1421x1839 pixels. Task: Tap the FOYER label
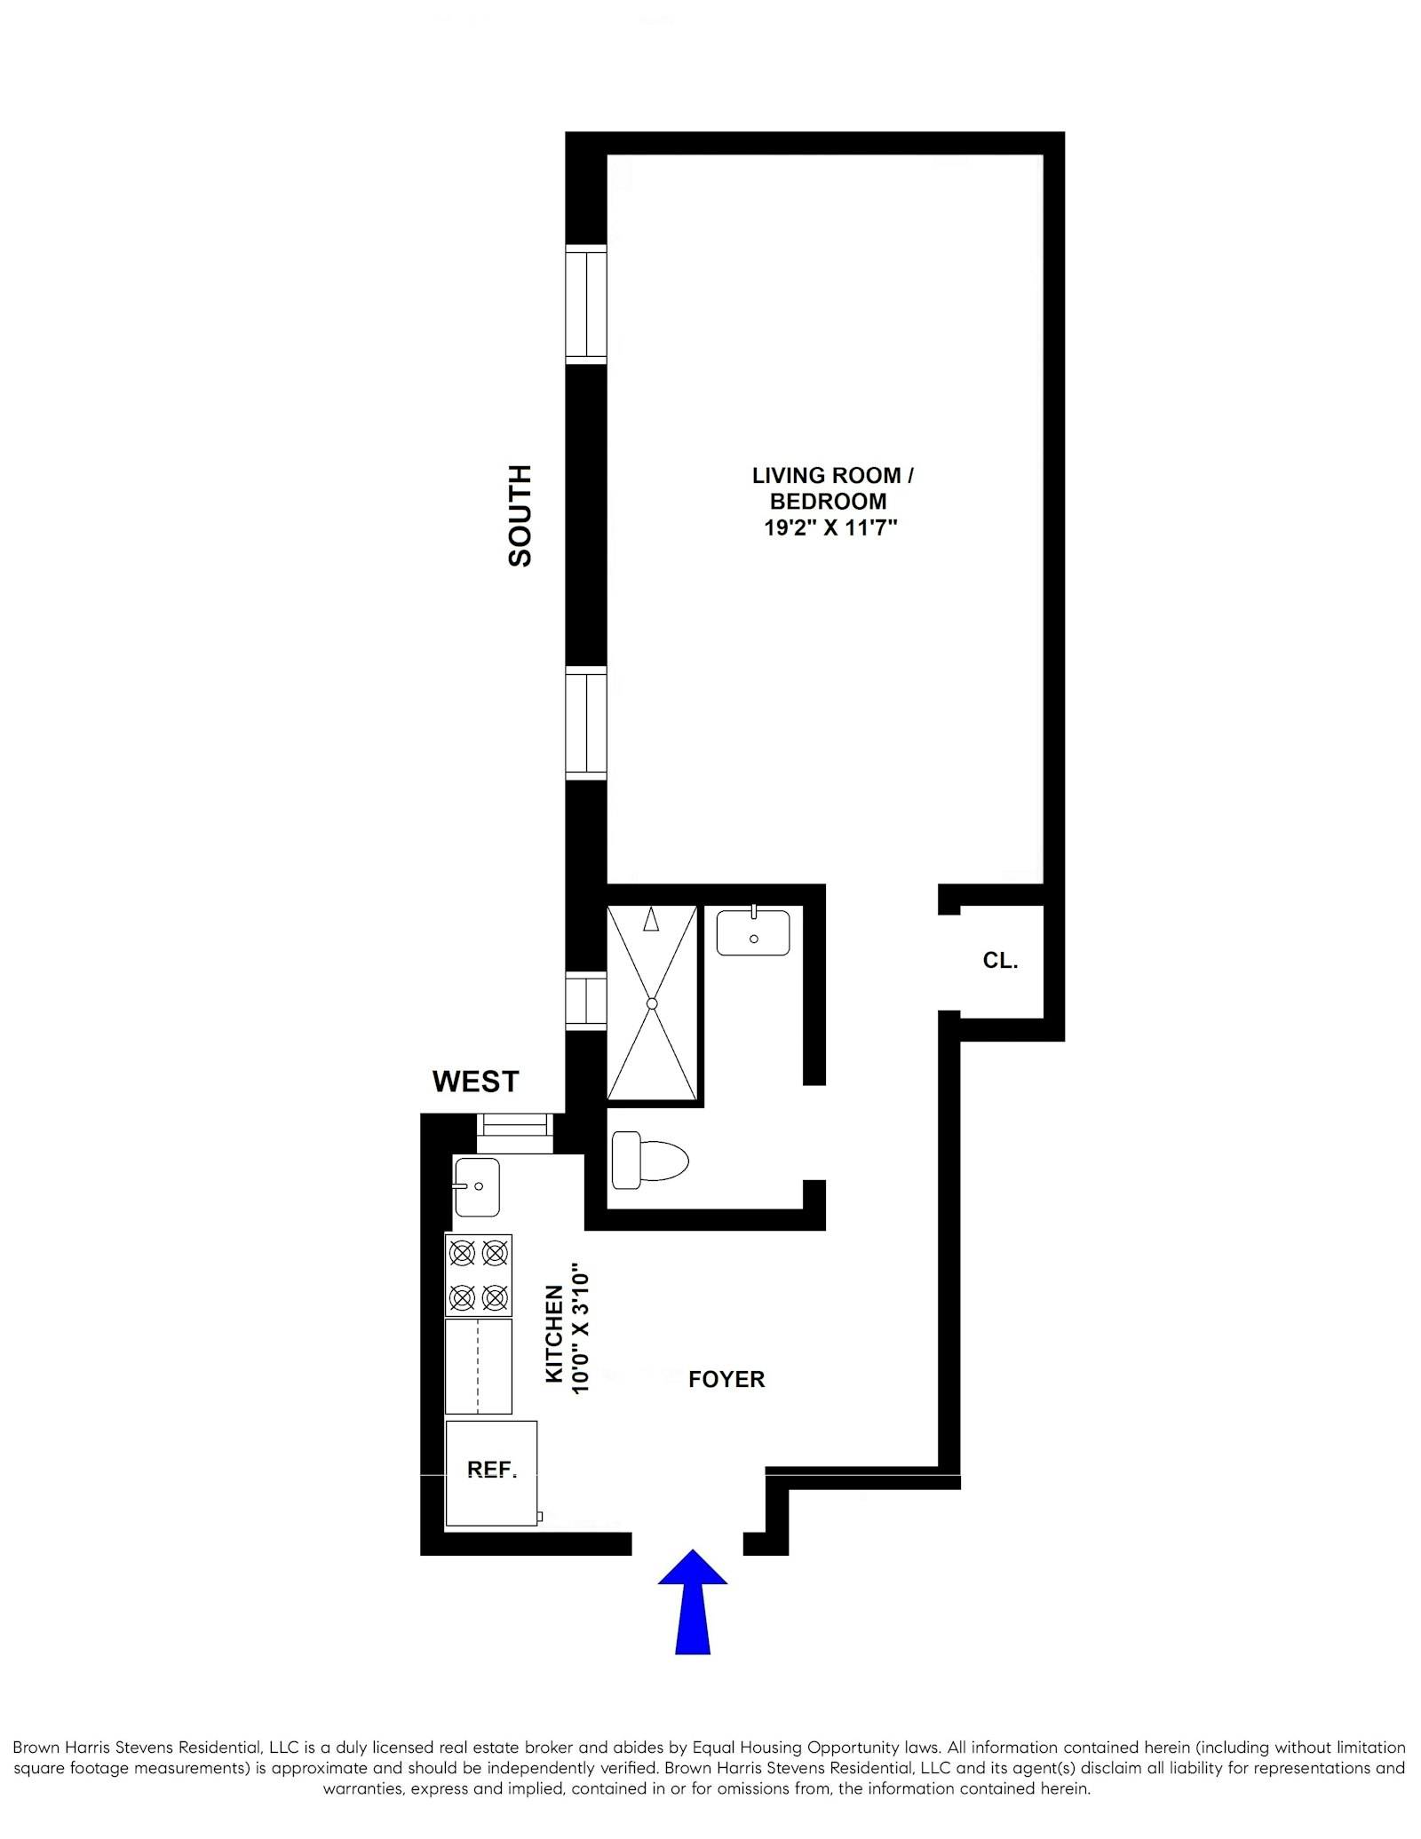[x=726, y=1379]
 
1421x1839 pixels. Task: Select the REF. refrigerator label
[x=492, y=1470]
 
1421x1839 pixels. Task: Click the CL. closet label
[x=1000, y=960]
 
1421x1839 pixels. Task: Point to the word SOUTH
[x=520, y=515]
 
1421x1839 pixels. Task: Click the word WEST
[x=475, y=1082]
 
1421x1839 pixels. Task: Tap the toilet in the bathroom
[x=651, y=1160]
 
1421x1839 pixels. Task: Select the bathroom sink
[x=753, y=931]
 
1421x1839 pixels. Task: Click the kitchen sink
[x=477, y=1186]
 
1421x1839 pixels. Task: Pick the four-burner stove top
[x=479, y=1275]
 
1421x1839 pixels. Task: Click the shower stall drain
[x=652, y=1003]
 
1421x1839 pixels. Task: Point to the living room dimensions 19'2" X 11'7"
[x=830, y=528]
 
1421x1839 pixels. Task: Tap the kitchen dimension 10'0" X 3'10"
[x=580, y=1329]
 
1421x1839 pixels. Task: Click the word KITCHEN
[x=554, y=1334]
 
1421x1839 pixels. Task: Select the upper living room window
[x=586, y=304]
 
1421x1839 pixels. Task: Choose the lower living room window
[x=586, y=723]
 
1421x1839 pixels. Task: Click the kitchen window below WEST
[x=515, y=1133]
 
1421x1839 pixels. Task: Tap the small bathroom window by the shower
[x=586, y=1001]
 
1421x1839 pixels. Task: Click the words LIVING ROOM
[x=826, y=476]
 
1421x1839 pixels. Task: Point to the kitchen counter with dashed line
[x=479, y=1366]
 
